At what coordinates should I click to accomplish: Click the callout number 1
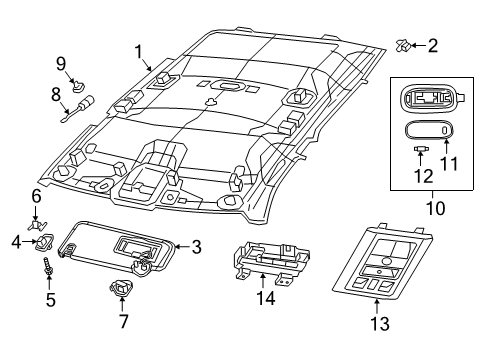[x=140, y=49]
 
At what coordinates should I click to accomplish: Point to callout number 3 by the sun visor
[x=197, y=246]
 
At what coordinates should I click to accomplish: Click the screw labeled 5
[x=46, y=269]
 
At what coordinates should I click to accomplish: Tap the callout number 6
[x=36, y=196]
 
